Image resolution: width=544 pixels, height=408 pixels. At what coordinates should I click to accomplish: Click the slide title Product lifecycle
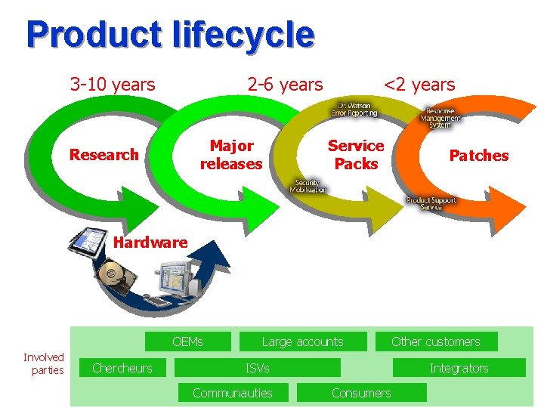click(169, 35)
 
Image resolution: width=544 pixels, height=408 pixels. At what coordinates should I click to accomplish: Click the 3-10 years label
click(113, 84)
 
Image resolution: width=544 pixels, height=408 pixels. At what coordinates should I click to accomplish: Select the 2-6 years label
click(285, 85)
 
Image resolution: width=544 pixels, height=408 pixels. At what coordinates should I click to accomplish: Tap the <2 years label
click(419, 84)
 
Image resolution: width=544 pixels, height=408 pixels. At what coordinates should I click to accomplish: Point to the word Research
click(104, 155)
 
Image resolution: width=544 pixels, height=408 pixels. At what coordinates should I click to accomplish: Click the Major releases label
click(231, 154)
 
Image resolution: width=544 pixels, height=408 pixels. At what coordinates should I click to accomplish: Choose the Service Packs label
click(356, 154)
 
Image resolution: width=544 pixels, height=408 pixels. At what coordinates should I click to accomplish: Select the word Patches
click(479, 156)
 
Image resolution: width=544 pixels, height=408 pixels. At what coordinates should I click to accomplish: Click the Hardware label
click(150, 243)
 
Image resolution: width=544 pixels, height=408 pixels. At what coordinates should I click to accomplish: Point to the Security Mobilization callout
click(308, 187)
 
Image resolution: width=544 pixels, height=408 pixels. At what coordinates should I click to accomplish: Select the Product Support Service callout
click(431, 203)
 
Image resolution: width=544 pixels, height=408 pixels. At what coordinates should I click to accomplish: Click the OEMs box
click(187, 342)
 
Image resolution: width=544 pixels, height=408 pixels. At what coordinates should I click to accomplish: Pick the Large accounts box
click(302, 342)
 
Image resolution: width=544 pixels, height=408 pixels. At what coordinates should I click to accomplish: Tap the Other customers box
click(436, 342)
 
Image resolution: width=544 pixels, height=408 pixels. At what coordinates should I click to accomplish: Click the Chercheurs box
click(122, 368)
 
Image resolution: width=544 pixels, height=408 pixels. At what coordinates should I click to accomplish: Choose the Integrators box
click(459, 368)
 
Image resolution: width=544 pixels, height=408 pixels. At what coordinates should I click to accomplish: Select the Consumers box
click(361, 393)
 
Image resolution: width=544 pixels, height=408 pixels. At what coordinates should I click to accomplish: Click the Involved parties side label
click(44, 363)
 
